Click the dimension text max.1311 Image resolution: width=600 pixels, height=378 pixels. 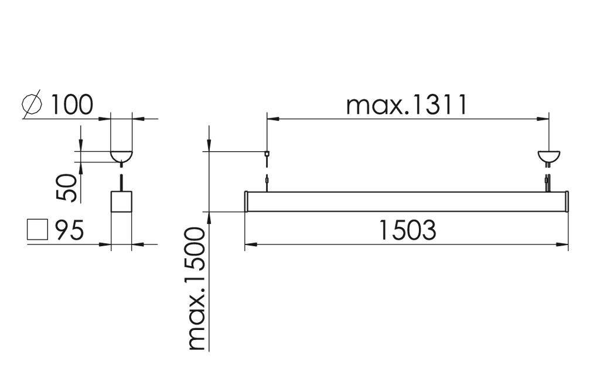407,105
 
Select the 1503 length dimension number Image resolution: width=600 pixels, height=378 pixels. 407,230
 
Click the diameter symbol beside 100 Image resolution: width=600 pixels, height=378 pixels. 33,104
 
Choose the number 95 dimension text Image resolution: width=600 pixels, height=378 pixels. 70,230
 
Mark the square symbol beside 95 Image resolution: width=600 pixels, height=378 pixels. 37,230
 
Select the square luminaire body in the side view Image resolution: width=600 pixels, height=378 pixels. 122,202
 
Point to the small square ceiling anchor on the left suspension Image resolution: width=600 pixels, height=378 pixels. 267,154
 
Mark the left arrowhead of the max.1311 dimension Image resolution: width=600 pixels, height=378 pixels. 271,119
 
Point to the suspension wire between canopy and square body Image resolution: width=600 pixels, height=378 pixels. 122,179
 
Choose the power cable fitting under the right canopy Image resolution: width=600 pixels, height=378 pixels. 548,179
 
